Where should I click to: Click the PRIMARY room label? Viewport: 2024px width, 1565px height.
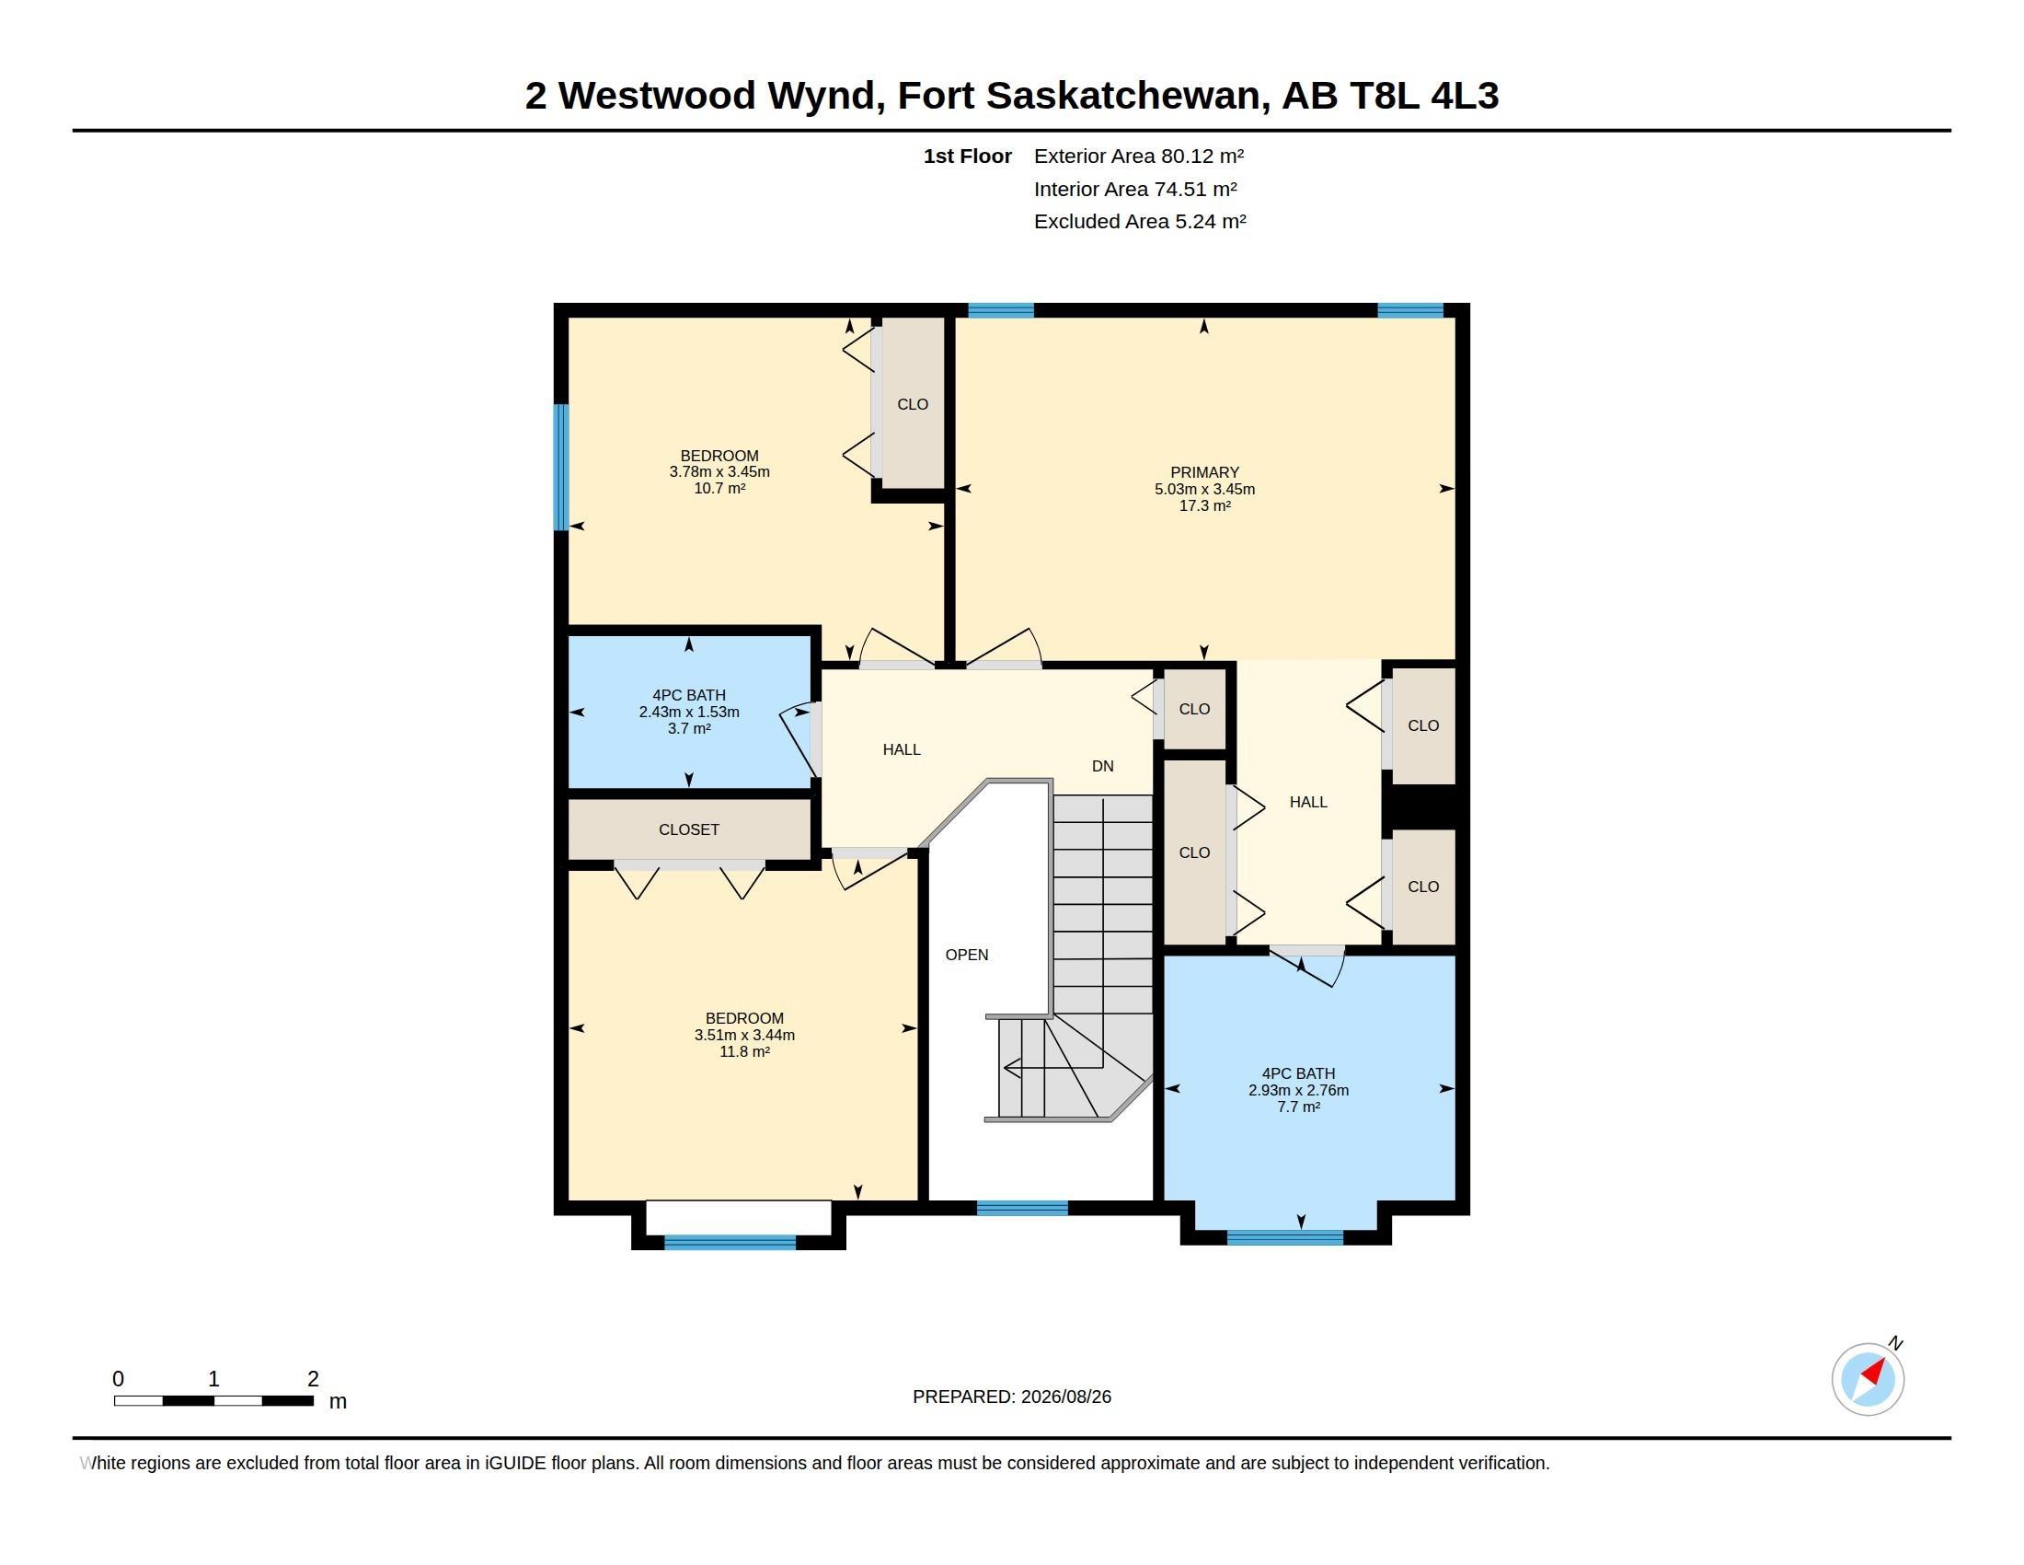1204,472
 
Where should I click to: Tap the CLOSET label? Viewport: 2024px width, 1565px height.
688,829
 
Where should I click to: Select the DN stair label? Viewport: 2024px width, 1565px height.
1103,766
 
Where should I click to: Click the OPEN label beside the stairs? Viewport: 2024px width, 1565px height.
967,955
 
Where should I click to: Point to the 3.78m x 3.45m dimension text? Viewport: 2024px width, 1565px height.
719,472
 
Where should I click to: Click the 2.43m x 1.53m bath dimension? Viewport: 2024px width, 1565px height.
688,712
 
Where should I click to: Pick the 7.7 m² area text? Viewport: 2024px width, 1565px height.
1298,1107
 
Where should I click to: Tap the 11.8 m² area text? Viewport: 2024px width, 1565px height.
744,1051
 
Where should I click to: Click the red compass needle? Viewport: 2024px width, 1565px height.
1874,1371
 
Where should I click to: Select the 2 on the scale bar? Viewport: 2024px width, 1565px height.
313,1379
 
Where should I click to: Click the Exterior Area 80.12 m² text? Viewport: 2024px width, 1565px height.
1139,156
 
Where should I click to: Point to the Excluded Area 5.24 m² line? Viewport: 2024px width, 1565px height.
1140,222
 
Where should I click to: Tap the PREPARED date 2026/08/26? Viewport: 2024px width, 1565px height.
1065,1397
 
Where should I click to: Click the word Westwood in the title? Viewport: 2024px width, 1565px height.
657,96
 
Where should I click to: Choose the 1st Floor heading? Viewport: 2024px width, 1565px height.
968,156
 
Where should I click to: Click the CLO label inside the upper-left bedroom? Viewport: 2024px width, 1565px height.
913,404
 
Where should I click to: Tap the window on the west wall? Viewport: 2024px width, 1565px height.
560,468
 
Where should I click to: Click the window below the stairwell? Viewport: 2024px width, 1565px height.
1022,1208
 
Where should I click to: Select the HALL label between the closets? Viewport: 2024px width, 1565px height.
1308,802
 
